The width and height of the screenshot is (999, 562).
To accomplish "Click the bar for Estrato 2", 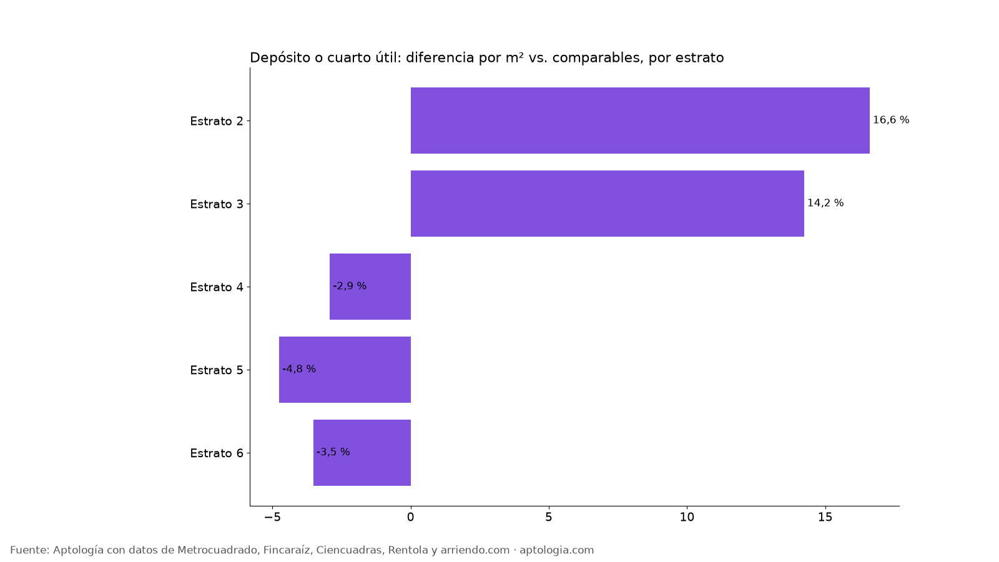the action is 640,121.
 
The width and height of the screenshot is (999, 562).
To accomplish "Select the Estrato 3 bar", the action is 608,204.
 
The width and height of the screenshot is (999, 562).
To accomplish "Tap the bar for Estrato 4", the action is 370,287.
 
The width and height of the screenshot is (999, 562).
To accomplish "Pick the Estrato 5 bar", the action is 345,369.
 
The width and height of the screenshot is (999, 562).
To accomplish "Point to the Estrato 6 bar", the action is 362,452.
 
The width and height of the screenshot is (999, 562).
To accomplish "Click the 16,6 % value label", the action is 890,120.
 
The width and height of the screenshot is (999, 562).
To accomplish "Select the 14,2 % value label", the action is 825,203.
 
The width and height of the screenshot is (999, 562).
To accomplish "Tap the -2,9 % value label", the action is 350,286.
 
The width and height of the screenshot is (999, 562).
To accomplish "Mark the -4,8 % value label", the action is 299,369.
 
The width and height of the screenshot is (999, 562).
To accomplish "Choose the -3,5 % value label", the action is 333,452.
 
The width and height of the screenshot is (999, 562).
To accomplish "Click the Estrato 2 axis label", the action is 217,121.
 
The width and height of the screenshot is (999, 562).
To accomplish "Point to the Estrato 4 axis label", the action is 217,287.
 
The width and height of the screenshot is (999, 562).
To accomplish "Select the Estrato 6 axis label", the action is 217,453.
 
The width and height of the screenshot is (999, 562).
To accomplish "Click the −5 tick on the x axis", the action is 272,517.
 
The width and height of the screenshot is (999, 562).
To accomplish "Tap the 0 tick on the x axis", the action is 410,517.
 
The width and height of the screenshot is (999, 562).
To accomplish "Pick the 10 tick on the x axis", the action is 687,517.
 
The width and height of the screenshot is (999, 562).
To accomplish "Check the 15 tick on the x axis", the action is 825,517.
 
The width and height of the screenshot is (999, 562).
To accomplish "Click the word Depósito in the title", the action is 280,58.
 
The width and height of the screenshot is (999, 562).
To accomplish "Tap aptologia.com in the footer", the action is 556,550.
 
